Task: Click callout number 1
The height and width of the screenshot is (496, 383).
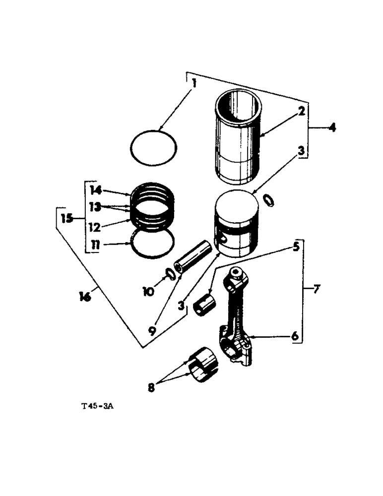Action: point(194,83)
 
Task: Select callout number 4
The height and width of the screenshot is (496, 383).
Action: point(331,127)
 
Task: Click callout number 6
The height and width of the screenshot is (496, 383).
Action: point(294,336)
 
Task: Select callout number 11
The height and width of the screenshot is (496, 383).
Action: point(95,244)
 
